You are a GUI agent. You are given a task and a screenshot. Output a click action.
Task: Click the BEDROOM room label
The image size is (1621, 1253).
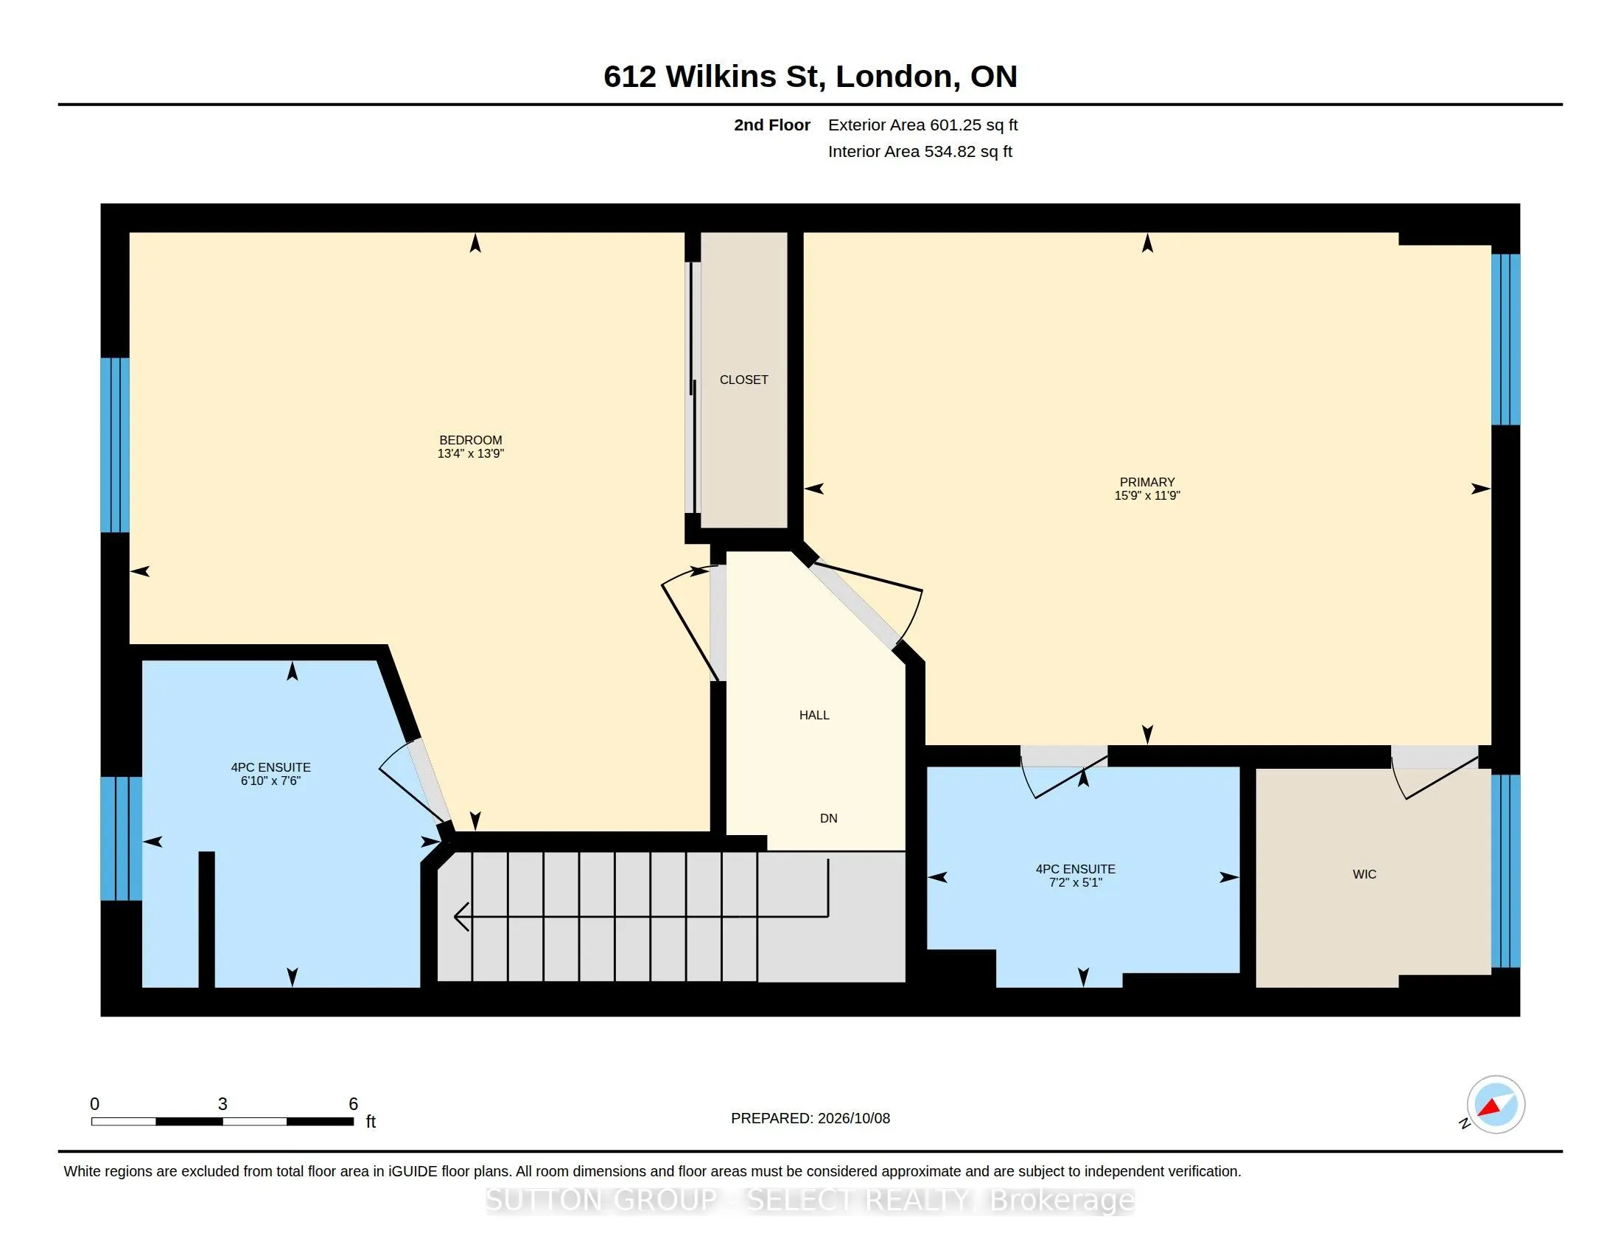(471, 440)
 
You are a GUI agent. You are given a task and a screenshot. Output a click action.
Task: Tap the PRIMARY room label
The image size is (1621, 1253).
(1146, 483)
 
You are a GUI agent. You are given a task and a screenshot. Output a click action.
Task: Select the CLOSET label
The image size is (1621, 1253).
(743, 380)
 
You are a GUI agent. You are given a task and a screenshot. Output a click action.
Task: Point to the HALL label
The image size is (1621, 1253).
(814, 716)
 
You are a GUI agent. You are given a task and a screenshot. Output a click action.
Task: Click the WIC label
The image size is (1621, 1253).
(1364, 874)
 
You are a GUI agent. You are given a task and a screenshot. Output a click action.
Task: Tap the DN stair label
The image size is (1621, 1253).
(828, 819)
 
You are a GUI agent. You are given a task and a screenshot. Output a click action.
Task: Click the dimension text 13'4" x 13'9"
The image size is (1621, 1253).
(471, 453)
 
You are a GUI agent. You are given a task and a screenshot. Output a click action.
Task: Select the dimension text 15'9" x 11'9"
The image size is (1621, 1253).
(1146, 496)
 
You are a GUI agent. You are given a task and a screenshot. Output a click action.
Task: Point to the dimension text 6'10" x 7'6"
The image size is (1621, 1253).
(270, 781)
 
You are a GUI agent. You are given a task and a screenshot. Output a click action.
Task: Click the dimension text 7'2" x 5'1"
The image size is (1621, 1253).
(1075, 882)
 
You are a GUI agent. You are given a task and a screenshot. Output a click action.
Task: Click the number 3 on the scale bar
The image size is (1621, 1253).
(222, 1104)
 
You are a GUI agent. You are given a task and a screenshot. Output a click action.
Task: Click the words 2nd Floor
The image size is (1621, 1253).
(772, 125)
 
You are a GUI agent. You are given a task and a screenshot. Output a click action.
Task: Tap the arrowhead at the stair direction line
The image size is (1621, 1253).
(461, 917)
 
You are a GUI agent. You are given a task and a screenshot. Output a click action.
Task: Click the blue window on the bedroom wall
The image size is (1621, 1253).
(115, 445)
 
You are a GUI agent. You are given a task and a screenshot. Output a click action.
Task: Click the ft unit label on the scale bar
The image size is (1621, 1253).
(371, 1122)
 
